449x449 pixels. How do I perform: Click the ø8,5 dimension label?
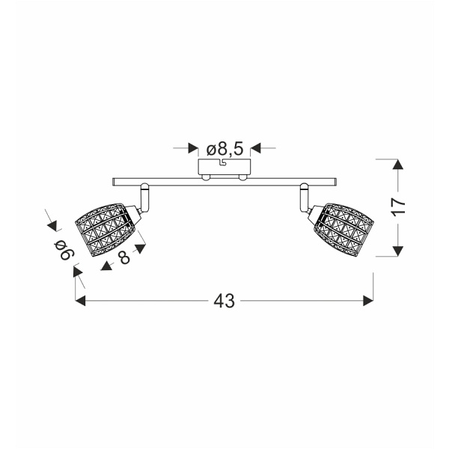[224, 149]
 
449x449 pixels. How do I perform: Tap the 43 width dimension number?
[224, 301]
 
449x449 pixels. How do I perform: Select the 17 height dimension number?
[398, 207]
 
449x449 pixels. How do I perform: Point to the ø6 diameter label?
[64, 249]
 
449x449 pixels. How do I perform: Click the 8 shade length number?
[125, 257]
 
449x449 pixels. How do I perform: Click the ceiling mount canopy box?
[224, 167]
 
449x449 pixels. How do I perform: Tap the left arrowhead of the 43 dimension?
[81, 301]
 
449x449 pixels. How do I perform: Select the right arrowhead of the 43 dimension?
[368, 301]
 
